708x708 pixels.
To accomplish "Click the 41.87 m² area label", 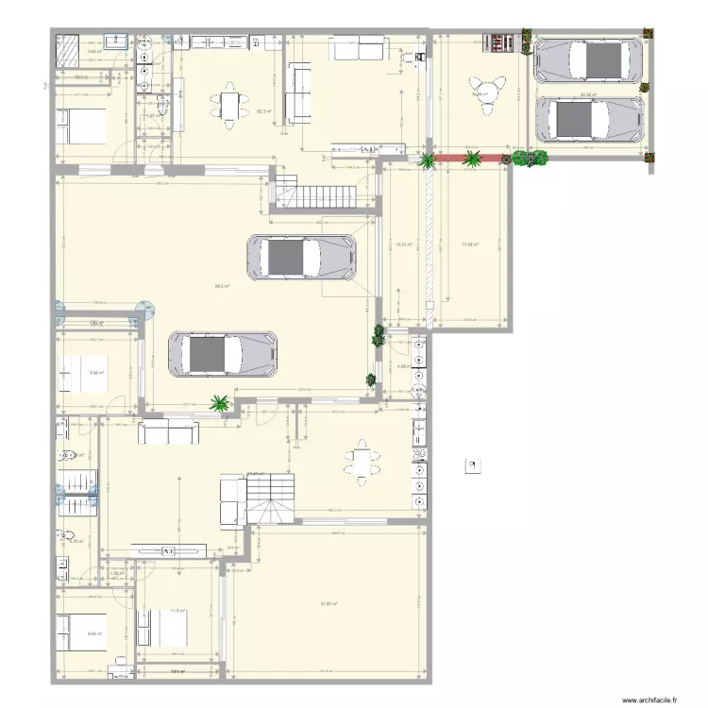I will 329,605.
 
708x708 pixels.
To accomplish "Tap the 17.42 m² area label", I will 469,244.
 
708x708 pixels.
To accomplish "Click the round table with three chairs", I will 487,95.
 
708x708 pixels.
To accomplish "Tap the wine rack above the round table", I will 497,43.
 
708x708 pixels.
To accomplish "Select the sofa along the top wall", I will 358,48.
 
